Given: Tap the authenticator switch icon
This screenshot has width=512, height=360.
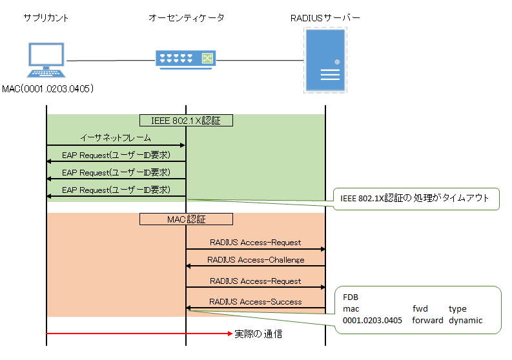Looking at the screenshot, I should [185, 59].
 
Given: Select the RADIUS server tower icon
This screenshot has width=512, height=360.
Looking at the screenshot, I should [325, 61].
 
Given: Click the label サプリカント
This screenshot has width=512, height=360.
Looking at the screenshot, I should [46, 18].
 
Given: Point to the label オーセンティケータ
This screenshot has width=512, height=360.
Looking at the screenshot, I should [187, 18].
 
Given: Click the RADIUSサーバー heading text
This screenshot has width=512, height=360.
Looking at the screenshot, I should [325, 18].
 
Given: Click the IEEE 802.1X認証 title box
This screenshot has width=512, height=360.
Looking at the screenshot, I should [186, 120].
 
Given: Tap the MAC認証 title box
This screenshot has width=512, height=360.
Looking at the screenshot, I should [186, 219].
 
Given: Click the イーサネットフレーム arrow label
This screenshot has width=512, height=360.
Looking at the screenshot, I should [116, 138].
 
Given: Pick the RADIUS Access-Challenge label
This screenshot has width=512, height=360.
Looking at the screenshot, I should [256, 260].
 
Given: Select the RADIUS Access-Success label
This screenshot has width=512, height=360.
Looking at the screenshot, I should [256, 301].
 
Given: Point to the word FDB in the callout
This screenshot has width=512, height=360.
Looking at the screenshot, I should [350, 297].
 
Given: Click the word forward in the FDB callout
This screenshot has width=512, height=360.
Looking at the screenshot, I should [427, 320].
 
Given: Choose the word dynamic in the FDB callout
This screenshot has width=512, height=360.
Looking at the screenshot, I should [466, 320].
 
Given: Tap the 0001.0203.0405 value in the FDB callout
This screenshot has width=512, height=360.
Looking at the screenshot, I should [373, 320].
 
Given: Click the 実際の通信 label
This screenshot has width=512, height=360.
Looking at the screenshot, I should [258, 334].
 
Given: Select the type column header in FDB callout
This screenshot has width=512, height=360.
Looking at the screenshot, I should [457, 308].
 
